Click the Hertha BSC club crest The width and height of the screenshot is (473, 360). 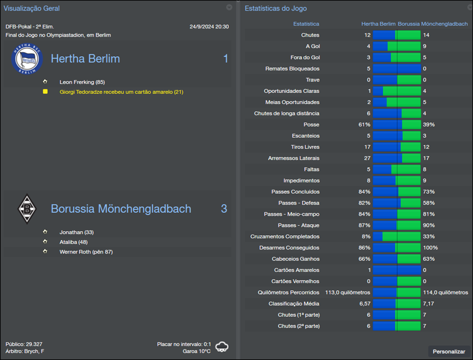point(27,59)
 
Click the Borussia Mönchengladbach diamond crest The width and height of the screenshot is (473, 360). point(27,209)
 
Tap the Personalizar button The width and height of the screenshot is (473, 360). point(449,351)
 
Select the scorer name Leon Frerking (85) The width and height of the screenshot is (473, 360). point(82,82)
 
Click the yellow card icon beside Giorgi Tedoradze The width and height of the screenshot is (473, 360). point(45,92)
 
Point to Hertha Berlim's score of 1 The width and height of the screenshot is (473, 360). point(225,59)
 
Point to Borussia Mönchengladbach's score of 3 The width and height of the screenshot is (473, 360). point(224,209)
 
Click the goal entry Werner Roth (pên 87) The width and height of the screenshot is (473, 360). point(86,251)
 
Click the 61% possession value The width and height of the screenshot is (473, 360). point(364,125)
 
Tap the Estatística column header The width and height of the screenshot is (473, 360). point(306,24)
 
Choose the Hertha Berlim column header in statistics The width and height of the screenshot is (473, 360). point(378,24)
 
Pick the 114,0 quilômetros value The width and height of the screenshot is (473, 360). point(445,292)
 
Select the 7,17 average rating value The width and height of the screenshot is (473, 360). point(429,303)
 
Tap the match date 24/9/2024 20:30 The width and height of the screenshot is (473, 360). point(209,27)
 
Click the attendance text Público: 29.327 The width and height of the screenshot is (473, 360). point(24,343)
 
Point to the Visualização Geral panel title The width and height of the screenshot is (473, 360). point(31,8)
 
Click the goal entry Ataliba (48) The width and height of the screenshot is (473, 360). point(73,241)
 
